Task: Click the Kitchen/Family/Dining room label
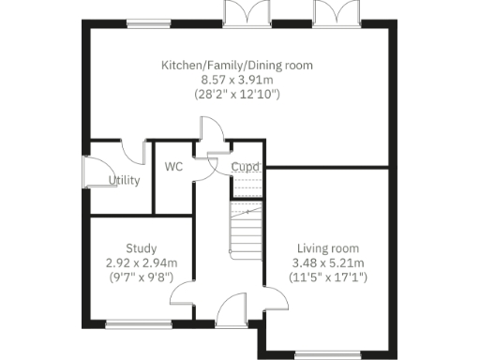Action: tap(236, 66)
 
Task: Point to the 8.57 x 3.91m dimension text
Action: tap(236, 80)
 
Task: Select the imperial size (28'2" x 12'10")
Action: tap(236, 95)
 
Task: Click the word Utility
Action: tap(125, 180)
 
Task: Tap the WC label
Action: tap(173, 167)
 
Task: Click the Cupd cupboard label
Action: tap(246, 167)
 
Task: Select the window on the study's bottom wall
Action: tap(139, 324)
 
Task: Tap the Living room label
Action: tap(326, 249)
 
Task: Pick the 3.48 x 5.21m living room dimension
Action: tap(326, 263)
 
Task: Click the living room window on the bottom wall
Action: tap(326, 353)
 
